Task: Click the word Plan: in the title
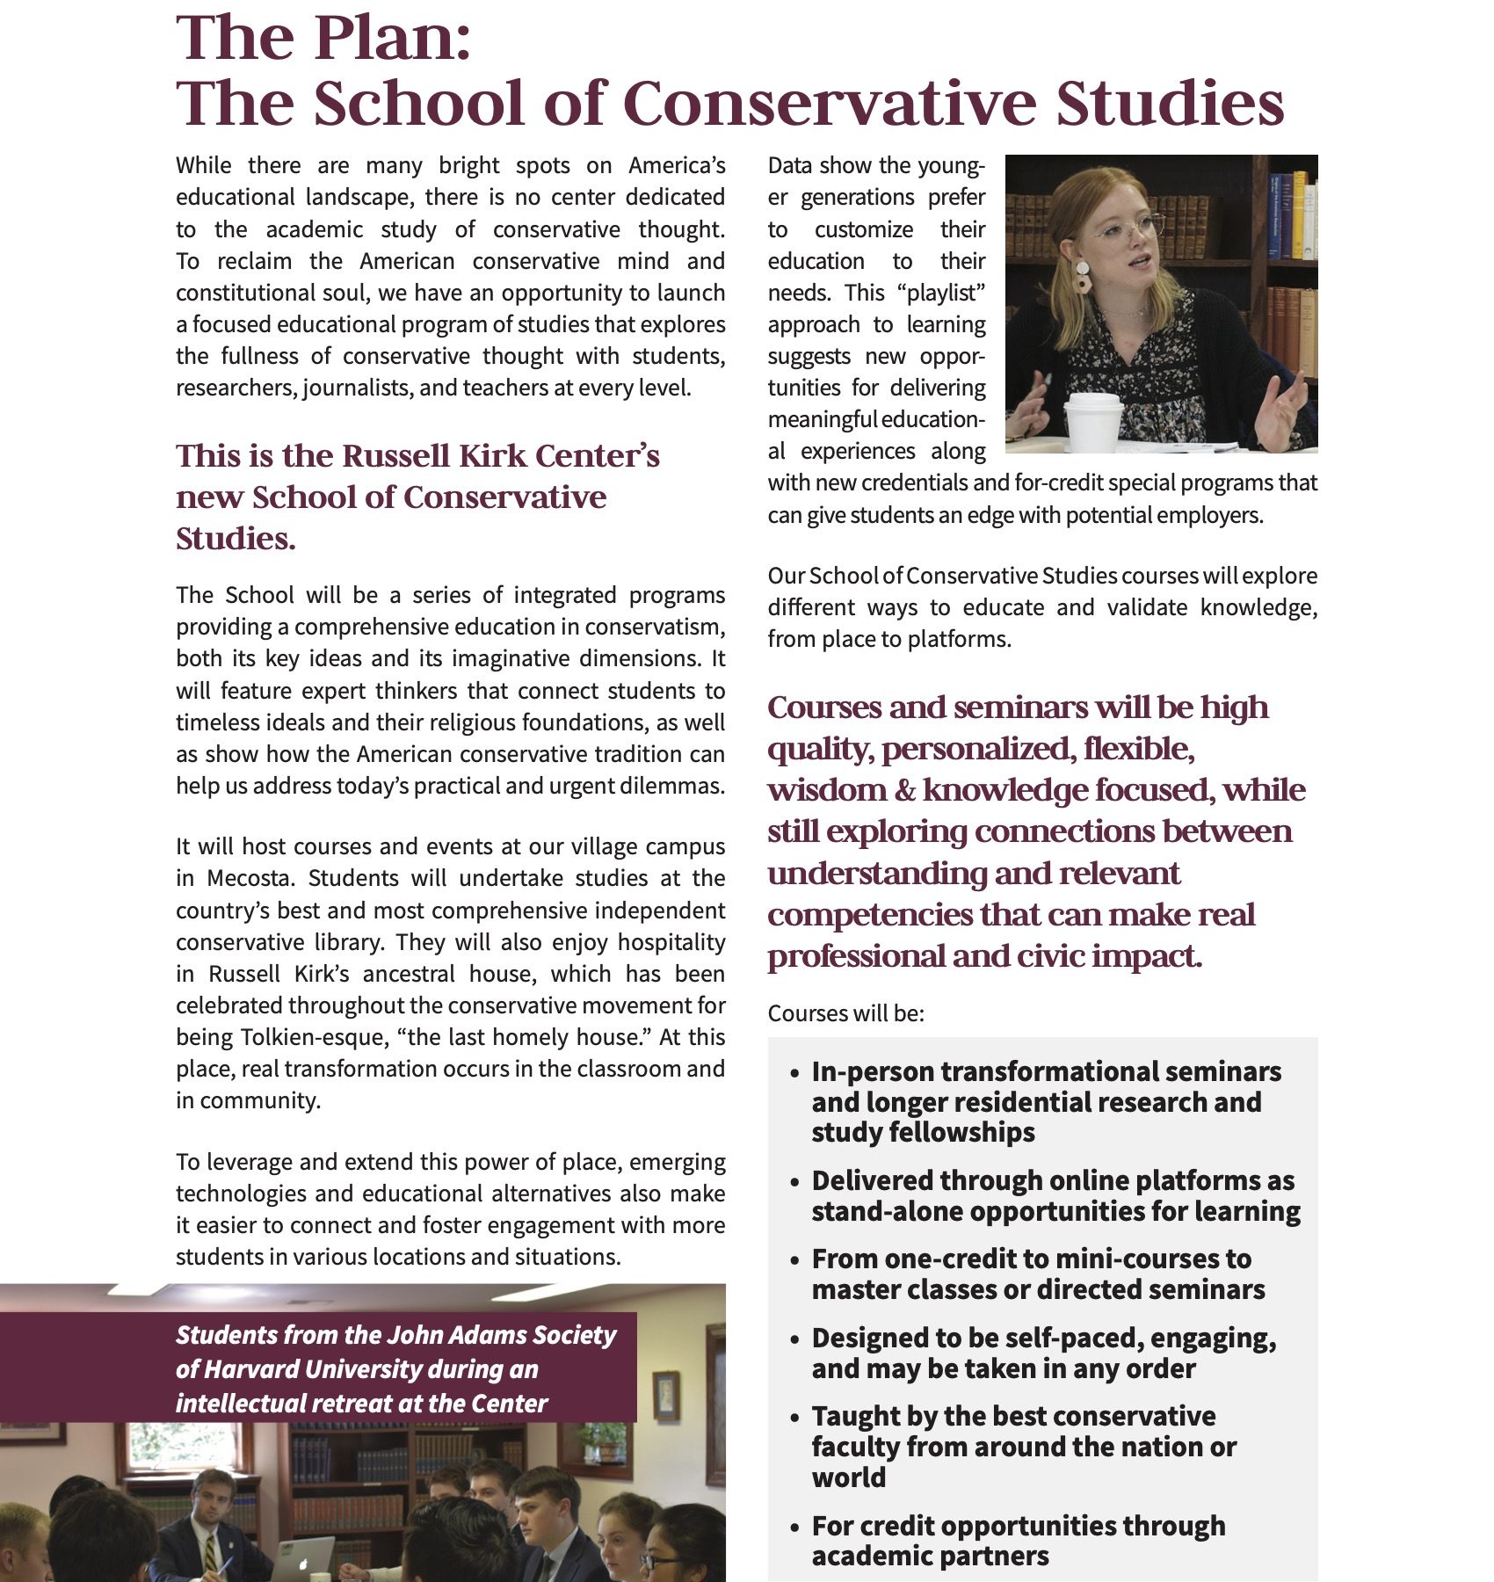click(x=392, y=39)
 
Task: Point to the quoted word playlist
click(x=940, y=293)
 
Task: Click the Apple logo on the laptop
click(x=303, y=1564)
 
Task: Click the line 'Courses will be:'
click(x=845, y=1013)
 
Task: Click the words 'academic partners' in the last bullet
click(x=930, y=1556)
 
